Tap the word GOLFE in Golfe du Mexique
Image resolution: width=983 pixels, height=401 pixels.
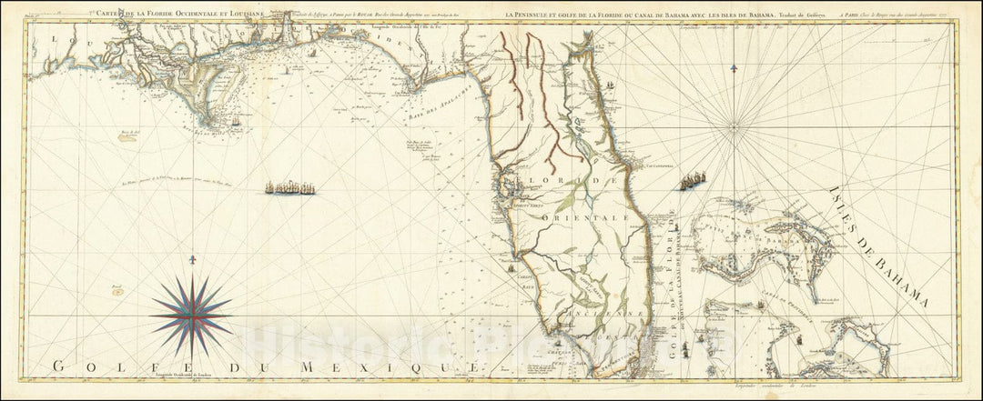pos(91,366)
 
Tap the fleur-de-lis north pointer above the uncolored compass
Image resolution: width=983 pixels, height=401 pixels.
pos(734,68)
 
